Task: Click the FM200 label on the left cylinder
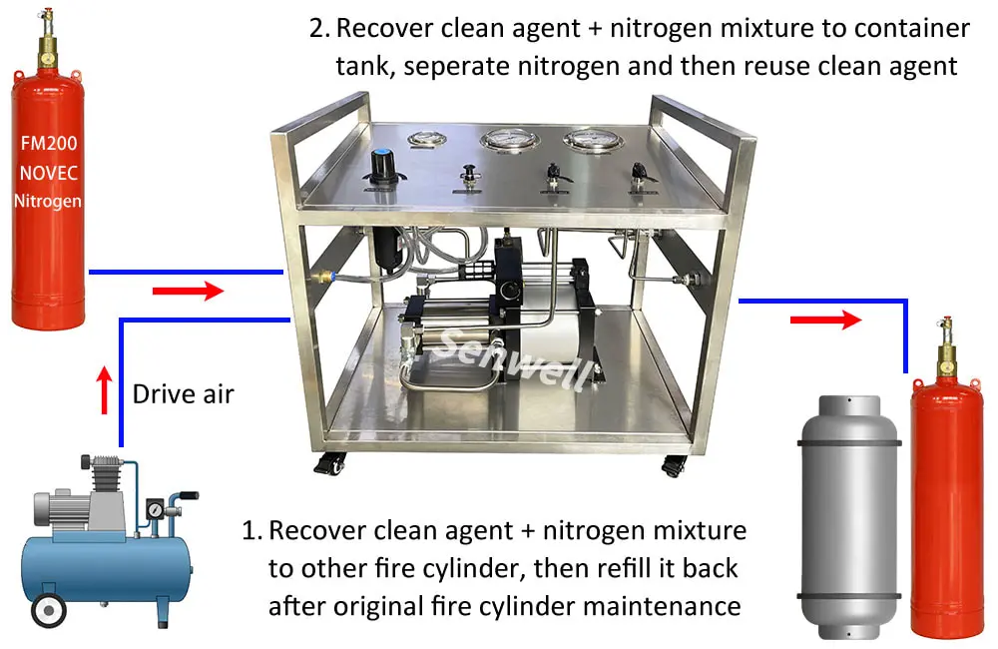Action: coord(48,142)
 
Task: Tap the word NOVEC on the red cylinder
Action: coord(48,171)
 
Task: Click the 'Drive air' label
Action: coord(184,393)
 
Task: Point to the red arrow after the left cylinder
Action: coord(188,292)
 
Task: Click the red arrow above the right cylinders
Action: coord(825,321)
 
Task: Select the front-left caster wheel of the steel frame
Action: coord(332,463)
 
